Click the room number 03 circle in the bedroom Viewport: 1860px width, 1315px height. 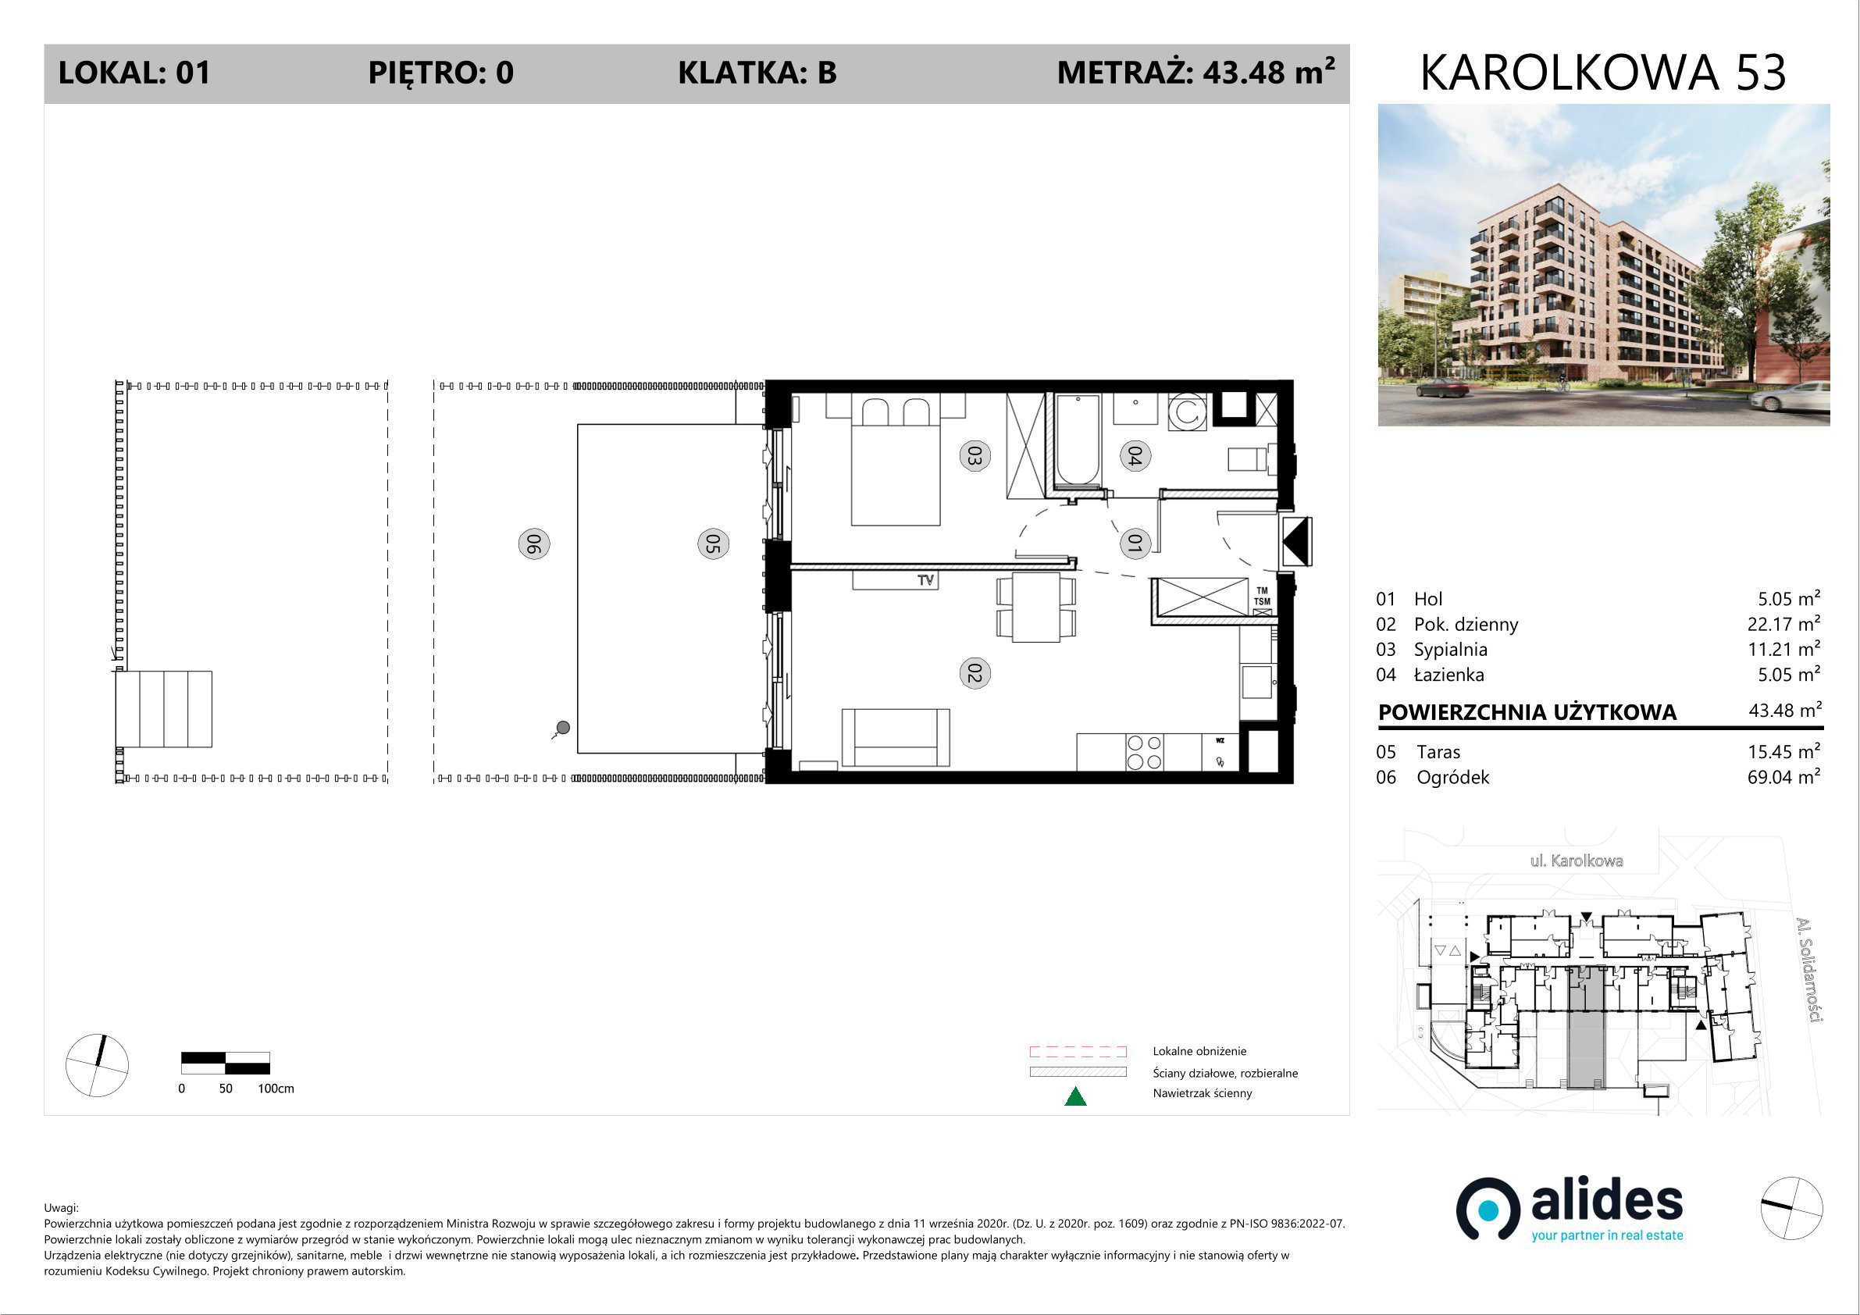(x=975, y=456)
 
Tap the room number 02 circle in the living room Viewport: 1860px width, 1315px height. (x=975, y=673)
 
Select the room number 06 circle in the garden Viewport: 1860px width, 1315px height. (x=534, y=543)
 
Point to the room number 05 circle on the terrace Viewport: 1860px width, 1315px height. (x=713, y=543)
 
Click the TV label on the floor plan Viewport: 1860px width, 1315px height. (x=926, y=580)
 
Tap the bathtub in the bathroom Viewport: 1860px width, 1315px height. (x=1078, y=439)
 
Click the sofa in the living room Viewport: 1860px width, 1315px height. (x=896, y=737)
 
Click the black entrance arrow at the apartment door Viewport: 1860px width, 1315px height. (x=1295, y=541)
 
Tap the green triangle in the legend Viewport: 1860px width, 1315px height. (x=1075, y=1096)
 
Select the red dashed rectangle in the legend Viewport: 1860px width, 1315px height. (x=1078, y=1052)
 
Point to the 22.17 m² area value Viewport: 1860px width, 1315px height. (x=1783, y=624)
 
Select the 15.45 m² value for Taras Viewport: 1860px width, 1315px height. (x=1783, y=752)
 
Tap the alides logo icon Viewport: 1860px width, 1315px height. (x=1488, y=1209)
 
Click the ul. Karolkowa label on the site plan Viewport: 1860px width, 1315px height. (x=1577, y=861)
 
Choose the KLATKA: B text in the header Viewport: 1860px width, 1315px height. (x=757, y=73)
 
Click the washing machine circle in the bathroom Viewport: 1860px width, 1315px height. (x=1188, y=412)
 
